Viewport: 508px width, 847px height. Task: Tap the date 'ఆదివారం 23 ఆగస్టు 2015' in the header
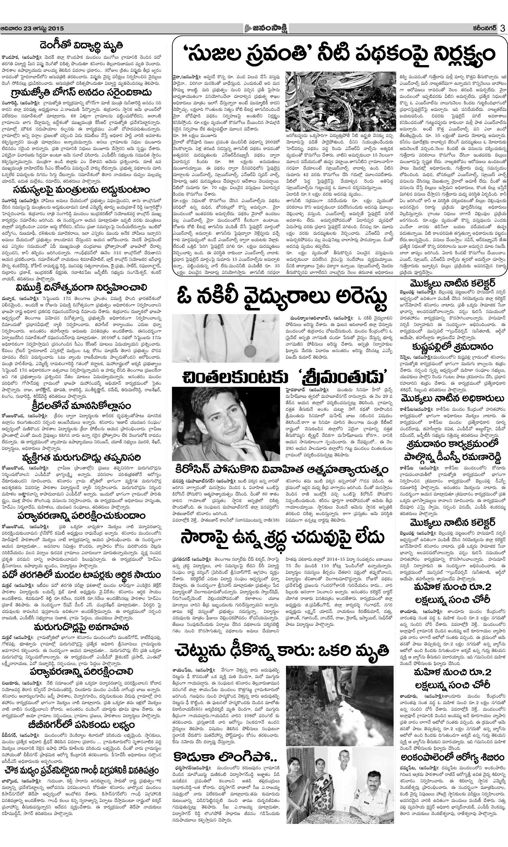(32, 29)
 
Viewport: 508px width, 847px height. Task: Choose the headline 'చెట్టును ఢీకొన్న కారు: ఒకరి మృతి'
(282, 650)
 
